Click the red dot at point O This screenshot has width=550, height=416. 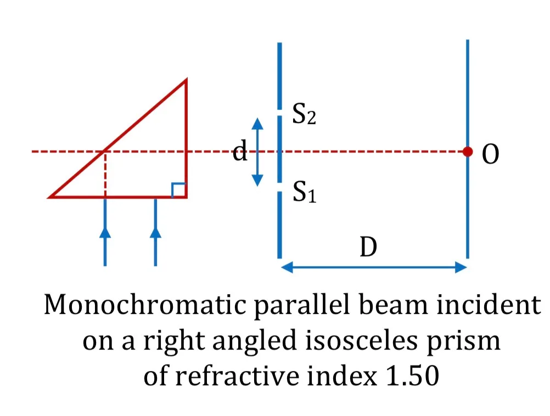coord(468,151)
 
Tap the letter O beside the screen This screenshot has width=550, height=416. coord(490,154)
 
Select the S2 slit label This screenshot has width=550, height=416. coord(304,114)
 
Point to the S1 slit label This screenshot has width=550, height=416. coord(305,192)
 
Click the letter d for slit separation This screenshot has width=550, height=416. coord(240,150)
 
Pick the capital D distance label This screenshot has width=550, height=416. coord(368,247)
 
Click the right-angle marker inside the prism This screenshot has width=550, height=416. coord(178,190)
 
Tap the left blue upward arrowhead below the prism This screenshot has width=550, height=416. coord(105,232)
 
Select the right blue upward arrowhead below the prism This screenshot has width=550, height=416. coord(155,232)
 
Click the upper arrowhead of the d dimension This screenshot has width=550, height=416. coord(257,123)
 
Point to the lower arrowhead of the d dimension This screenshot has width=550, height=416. coord(257,181)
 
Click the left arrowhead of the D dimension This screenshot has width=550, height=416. coord(287,267)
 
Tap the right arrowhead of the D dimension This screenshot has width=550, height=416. coord(461,267)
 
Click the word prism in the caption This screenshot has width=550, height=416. coord(463,342)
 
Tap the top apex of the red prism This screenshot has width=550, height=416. coord(186,80)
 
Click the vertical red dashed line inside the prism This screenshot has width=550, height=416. coord(105,175)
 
